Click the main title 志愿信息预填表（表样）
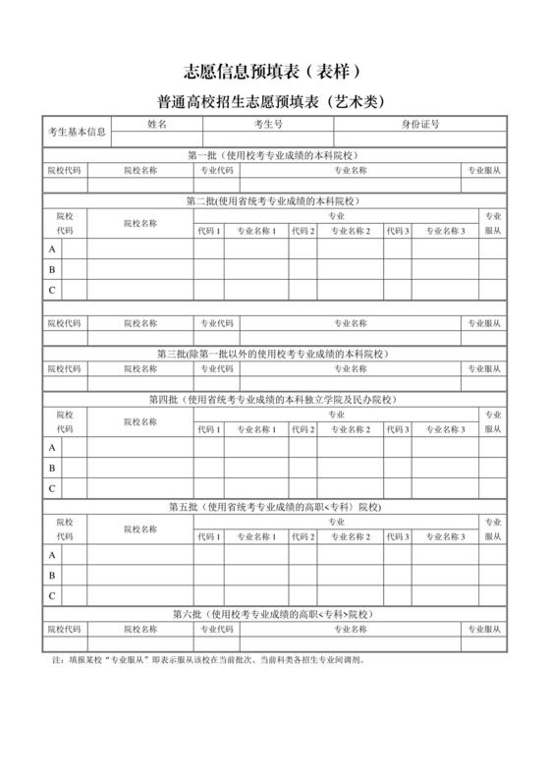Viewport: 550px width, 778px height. pyautogui.click(x=275, y=71)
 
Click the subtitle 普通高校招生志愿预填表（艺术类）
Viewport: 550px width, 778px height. pyautogui.click(x=275, y=101)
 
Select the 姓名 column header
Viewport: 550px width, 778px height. pyautogui.click(x=157, y=125)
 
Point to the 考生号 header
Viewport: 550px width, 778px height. pyautogui.click(x=268, y=125)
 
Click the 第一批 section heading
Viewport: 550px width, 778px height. pyautogui.click(x=275, y=155)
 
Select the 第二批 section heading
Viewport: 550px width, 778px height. pyautogui.click(x=275, y=200)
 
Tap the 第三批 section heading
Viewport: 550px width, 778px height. pyautogui.click(x=275, y=353)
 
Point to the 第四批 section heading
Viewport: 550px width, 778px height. pyautogui.click(x=275, y=399)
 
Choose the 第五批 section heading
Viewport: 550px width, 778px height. pyautogui.click(x=275, y=506)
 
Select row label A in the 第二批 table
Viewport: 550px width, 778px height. pyautogui.click(x=52, y=250)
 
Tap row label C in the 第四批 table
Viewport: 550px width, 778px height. pyautogui.click(x=52, y=488)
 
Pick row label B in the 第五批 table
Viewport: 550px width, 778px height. pyautogui.click(x=52, y=575)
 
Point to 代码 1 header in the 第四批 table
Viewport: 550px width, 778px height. pyautogui.click(x=208, y=430)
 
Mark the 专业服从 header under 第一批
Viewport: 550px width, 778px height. pyautogui.click(x=484, y=170)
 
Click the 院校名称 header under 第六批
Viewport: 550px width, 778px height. pyautogui.click(x=140, y=628)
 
